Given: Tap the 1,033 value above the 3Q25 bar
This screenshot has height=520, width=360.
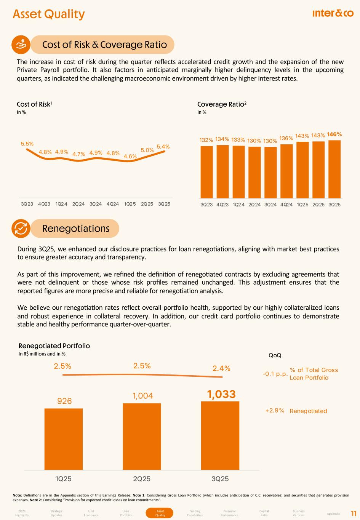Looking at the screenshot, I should coord(221,394).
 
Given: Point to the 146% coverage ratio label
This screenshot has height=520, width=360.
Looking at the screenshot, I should coord(334,134).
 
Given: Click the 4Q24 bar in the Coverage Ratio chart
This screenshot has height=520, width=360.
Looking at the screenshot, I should coord(286,171).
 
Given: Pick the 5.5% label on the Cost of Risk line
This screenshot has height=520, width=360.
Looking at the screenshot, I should coord(27,144).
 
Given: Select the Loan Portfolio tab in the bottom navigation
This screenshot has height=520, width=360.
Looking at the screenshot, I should coord(126,513).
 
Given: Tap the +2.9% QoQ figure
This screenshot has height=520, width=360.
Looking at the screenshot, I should coord(275,411).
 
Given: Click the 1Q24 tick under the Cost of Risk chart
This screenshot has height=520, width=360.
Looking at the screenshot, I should coord(61,204).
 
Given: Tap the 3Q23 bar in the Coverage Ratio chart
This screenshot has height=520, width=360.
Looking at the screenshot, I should coord(206,172).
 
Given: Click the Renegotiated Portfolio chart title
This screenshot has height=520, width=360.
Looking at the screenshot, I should coord(54,346).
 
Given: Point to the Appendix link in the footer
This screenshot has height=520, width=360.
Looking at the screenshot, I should coord(333,514).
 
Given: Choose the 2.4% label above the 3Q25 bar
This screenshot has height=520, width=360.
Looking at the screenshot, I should coord(221,368).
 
